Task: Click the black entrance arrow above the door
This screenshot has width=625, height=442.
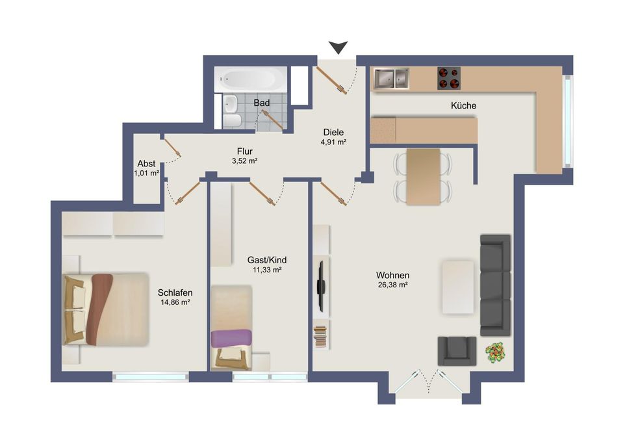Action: point(338,47)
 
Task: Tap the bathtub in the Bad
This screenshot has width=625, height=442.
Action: point(250,79)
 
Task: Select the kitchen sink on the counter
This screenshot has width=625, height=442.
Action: point(391,78)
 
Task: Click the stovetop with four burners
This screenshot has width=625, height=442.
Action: point(449,78)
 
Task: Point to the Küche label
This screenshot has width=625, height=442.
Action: point(464,106)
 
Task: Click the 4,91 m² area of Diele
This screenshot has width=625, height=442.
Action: point(333,142)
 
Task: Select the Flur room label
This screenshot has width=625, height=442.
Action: point(245,151)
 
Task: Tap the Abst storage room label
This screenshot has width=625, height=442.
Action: point(146,164)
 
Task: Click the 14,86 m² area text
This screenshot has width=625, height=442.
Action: point(175,302)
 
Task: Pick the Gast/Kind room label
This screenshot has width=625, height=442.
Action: point(267,260)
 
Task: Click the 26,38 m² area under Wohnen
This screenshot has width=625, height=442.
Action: point(392,285)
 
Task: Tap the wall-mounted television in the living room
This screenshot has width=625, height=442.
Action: point(321,287)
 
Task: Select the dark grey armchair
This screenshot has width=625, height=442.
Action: point(457,351)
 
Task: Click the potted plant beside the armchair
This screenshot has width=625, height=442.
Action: point(495,353)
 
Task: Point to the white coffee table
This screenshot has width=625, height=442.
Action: point(458,287)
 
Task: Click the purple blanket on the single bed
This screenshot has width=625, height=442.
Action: point(231,338)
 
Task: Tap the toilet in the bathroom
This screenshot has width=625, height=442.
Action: point(231,120)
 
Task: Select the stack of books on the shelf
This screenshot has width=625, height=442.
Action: point(320,336)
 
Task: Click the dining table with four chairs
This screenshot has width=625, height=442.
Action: point(423,177)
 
